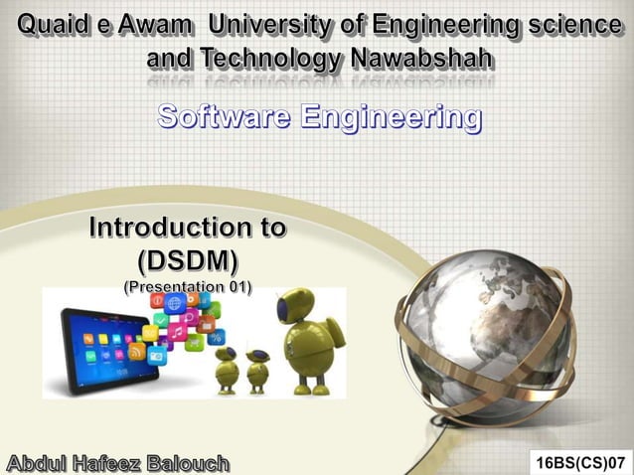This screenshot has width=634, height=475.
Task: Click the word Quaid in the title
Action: point(51,22)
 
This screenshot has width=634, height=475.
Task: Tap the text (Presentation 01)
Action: point(188,286)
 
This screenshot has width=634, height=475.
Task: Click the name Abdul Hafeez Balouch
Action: point(117,463)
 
